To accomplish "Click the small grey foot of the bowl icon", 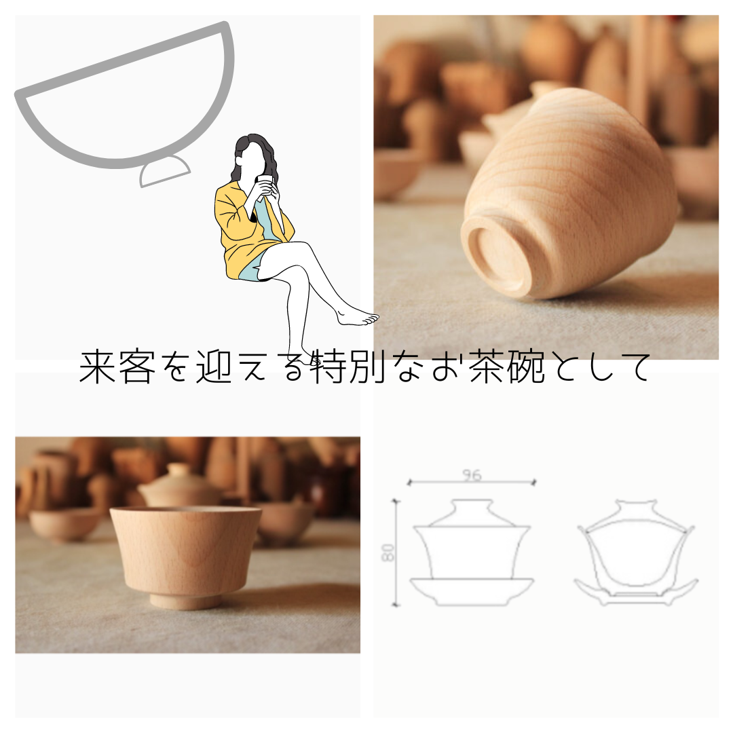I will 164,170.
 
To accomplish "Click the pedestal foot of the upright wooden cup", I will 186,600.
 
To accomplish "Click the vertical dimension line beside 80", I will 396,553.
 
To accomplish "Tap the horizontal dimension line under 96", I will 471,483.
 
